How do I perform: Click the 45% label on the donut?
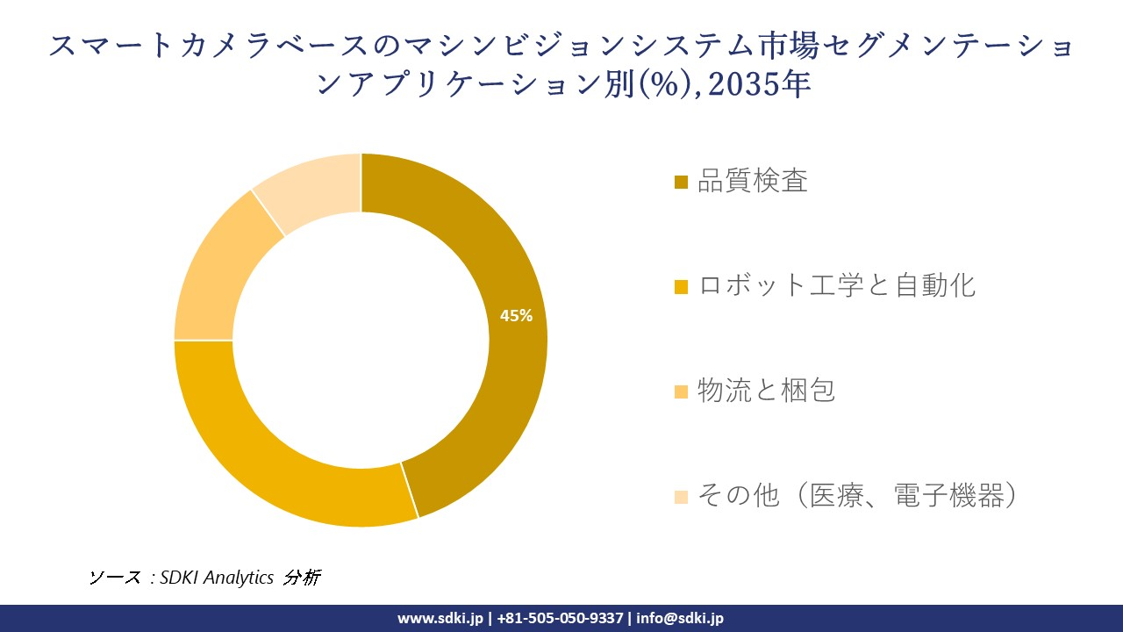pos(516,316)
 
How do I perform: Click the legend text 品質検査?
pos(752,182)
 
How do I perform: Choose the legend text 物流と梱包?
pos(766,390)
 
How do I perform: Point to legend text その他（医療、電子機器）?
pos(859,495)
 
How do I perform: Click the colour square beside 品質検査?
pos(681,183)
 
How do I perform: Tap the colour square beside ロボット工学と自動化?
pos(681,287)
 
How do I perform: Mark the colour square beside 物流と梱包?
pos(681,391)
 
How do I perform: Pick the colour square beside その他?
pos(681,497)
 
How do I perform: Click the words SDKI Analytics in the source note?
pos(217,578)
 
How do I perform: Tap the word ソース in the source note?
pos(114,578)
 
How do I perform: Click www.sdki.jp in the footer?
pos(440,618)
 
